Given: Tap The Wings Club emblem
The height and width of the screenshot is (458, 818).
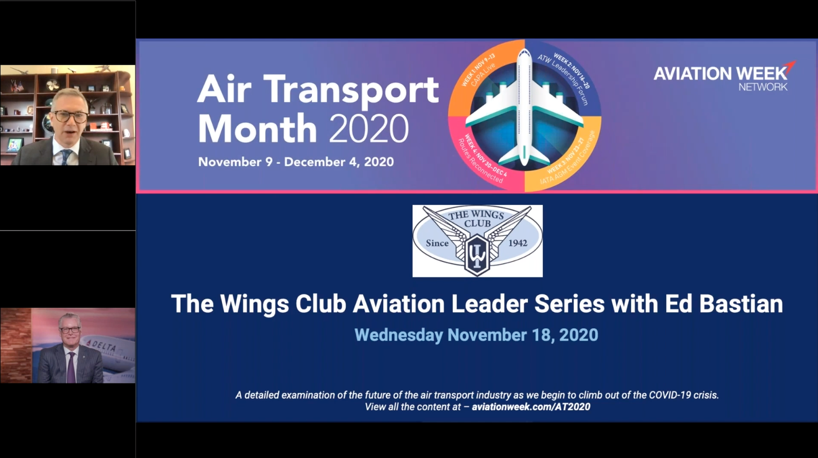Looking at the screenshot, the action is [x=477, y=241].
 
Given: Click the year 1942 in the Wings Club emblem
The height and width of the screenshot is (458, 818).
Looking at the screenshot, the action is [x=518, y=243].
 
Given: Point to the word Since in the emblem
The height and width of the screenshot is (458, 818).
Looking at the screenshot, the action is [x=437, y=243].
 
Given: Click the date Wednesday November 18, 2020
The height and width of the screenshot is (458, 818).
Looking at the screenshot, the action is [x=476, y=335].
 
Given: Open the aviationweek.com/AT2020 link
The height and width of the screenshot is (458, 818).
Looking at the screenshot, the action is [x=531, y=407].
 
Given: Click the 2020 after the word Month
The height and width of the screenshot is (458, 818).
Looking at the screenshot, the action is [x=369, y=129].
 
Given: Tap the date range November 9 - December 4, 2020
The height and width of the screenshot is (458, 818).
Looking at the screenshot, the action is [x=296, y=162].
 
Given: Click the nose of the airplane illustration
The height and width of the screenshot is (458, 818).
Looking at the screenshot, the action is [x=525, y=51].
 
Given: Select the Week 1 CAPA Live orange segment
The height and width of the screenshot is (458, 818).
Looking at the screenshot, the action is [x=482, y=77].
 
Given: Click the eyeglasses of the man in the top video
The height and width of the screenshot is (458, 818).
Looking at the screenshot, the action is [x=70, y=117].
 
